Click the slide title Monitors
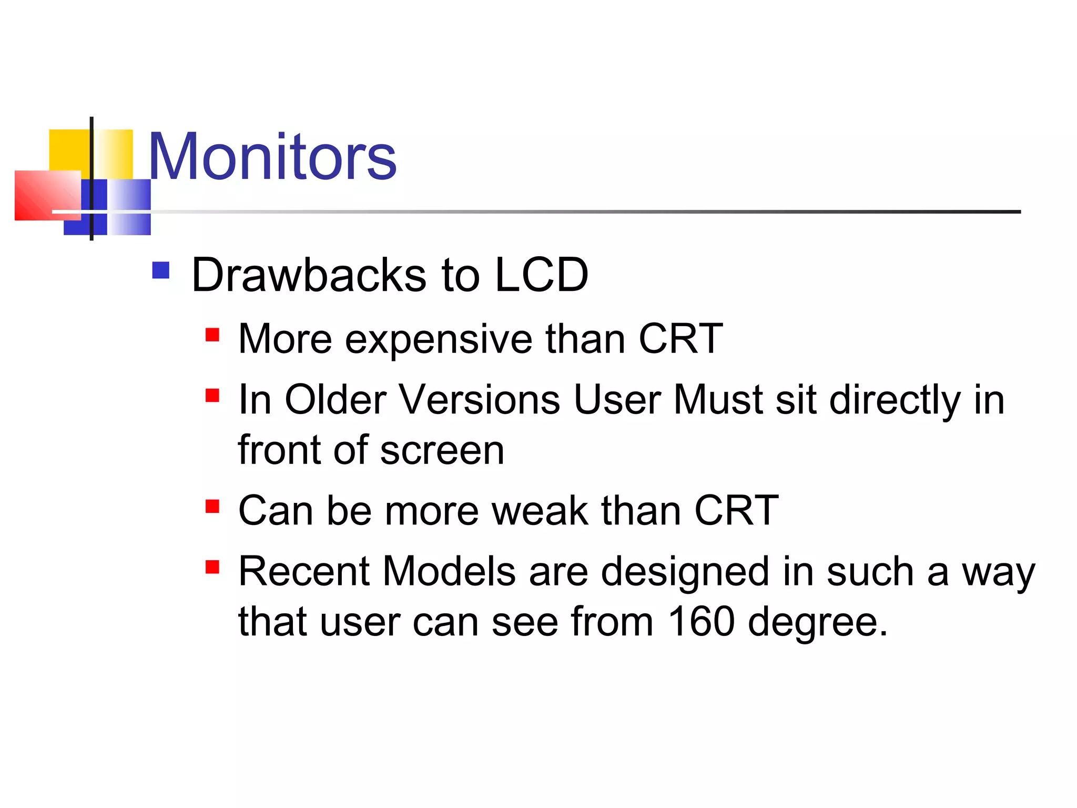click(x=272, y=157)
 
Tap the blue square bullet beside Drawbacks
click(x=160, y=270)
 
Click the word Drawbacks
click(x=309, y=275)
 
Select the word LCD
click(x=541, y=275)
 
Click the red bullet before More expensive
click(x=212, y=335)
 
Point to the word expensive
click(x=439, y=339)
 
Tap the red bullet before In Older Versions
click(x=212, y=396)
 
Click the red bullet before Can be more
click(x=212, y=507)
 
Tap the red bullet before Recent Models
click(x=212, y=567)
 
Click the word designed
click(x=685, y=572)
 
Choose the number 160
click(x=702, y=622)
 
